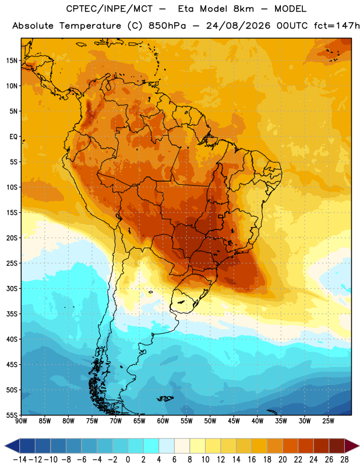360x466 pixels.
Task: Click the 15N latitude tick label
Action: click(x=12, y=61)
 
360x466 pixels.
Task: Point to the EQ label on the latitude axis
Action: click(x=13, y=137)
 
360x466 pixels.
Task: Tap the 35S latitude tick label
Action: click(x=12, y=314)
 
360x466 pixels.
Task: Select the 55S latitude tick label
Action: click(x=12, y=415)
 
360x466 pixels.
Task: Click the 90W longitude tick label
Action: click(x=21, y=421)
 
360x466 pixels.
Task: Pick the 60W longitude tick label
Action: click(x=163, y=421)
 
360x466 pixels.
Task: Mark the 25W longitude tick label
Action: click(x=328, y=421)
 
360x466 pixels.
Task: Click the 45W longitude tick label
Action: click(x=234, y=421)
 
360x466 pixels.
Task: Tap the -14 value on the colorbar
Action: click(x=20, y=460)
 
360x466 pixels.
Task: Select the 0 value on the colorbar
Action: click(x=128, y=460)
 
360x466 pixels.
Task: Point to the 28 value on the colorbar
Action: click(x=344, y=460)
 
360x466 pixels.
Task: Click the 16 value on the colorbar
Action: click(x=252, y=460)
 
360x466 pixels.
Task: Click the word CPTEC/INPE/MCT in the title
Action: click(x=110, y=9)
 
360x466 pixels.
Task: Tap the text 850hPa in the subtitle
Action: click(x=167, y=26)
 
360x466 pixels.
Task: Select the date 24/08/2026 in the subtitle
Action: click(x=238, y=26)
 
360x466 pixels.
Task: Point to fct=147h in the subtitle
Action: click(x=337, y=26)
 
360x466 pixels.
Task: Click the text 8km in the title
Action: click(x=243, y=9)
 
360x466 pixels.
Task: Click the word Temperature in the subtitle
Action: click(x=90, y=26)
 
